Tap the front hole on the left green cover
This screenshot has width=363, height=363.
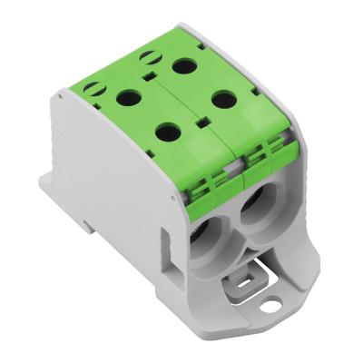point(167,132)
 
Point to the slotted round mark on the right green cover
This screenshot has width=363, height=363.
point(146,58)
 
